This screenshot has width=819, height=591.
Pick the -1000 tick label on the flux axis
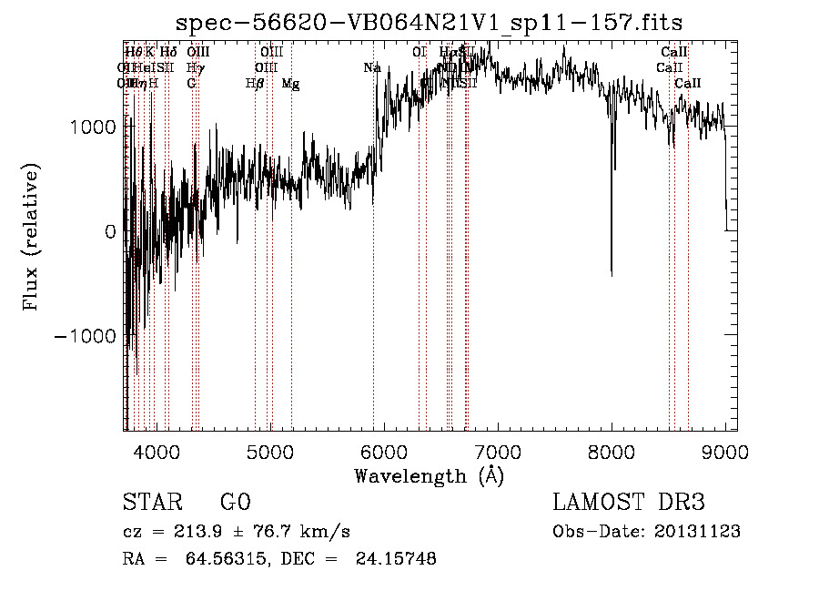coord(86,336)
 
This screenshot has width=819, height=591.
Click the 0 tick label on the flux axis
coord(110,232)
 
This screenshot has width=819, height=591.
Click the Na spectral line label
coord(372,68)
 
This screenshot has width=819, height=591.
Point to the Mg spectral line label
coord(290,84)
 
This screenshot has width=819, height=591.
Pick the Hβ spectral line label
coord(255,84)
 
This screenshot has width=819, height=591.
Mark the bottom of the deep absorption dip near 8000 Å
coord(611,272)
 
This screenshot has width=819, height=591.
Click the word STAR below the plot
coord(152,503)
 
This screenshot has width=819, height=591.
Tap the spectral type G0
coord(235,503)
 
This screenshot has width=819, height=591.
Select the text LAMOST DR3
coord(629,503)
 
